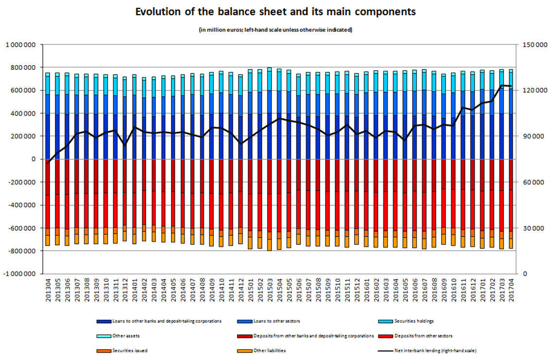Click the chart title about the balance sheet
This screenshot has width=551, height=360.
(275, 12)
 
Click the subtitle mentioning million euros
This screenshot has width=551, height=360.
(275, 30)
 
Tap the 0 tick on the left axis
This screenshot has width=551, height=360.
(33, 159)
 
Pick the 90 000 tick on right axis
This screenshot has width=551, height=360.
(533, 137)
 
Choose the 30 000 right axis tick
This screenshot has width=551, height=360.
(533, 228)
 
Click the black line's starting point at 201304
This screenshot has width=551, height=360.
(48, 163)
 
